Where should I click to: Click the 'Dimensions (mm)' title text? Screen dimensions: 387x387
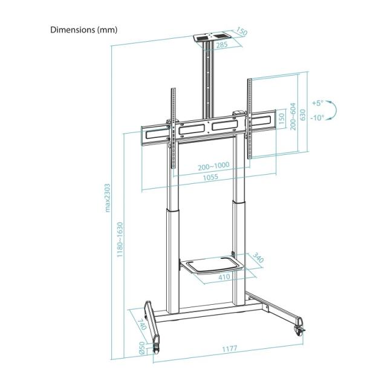(x=84, y=30)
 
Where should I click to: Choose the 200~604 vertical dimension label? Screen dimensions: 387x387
(x=293, y=115)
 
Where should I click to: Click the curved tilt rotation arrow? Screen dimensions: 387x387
(x=333, y=111)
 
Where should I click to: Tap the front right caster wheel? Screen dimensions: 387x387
(x=299, y=330)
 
